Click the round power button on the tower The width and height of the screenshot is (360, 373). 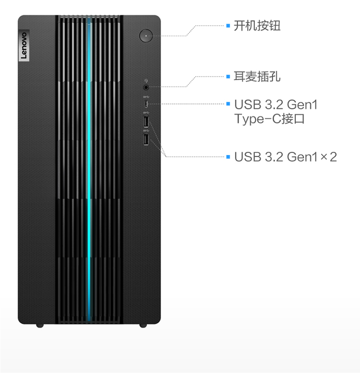pos(146,35)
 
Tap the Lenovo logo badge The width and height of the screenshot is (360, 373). pos(24,45)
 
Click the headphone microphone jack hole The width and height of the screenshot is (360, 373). pos(146,87)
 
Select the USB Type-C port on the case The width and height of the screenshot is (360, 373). pos(146,104)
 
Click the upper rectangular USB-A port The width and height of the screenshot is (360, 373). pos(146,122)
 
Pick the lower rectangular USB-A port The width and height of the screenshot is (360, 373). pos(146,140)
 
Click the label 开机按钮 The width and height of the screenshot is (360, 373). pos(257,26)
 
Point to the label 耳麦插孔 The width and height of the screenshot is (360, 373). pos(257,77)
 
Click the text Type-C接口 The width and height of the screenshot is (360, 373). pos(269,119)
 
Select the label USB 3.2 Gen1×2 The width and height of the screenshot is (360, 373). pos(286,157)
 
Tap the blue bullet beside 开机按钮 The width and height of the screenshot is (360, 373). pos(228,25)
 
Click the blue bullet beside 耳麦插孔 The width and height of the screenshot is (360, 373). pos(228,76)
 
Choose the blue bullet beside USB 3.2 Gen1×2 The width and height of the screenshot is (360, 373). pos(228,157)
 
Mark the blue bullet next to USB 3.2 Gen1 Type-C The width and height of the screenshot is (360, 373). pos(228,104)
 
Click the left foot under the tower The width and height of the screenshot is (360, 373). pos(40,326)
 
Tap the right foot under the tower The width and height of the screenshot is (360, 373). pos(143,326)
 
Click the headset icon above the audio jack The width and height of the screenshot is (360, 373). pos(146,81)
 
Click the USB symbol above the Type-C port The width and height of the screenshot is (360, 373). pos(146,97)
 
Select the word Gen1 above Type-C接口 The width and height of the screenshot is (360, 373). pos(302,105)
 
